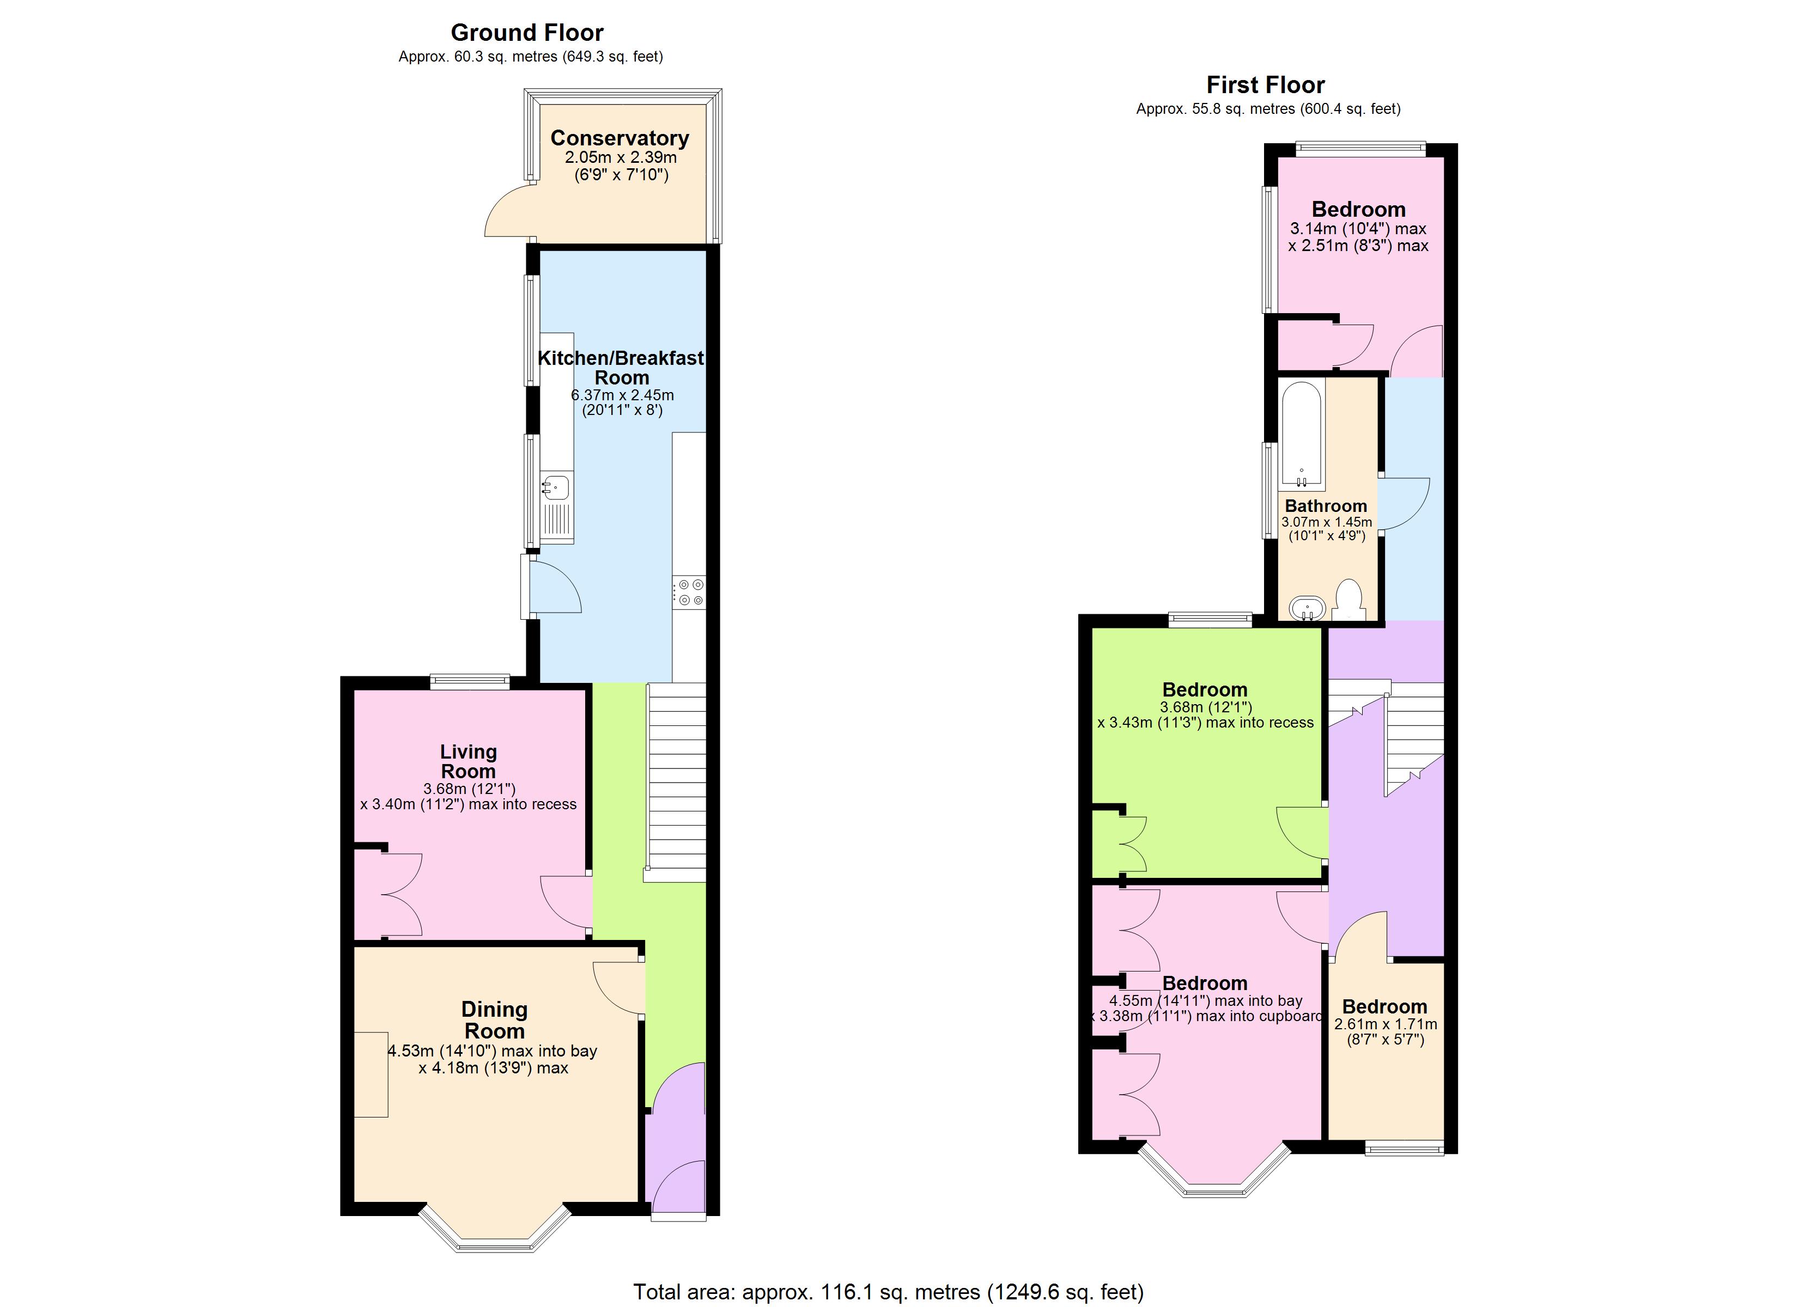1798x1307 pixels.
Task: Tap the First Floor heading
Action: (x=1265, y=85)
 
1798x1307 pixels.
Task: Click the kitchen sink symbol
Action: (x=556, y=486)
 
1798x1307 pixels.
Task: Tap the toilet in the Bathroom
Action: (x=1348, y=600)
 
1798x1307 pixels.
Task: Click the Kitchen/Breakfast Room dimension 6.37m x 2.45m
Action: (x=622, y=395)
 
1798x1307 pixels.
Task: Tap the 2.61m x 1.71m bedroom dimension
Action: (x=1385, y=1024)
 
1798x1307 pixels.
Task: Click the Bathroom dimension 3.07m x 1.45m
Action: (x=1326, y=522)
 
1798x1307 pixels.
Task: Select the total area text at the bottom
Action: (x=888, y=1292)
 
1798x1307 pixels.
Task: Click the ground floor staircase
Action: (x=676, y=781)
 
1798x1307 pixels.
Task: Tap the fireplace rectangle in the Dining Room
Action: (x=370, y=1074)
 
